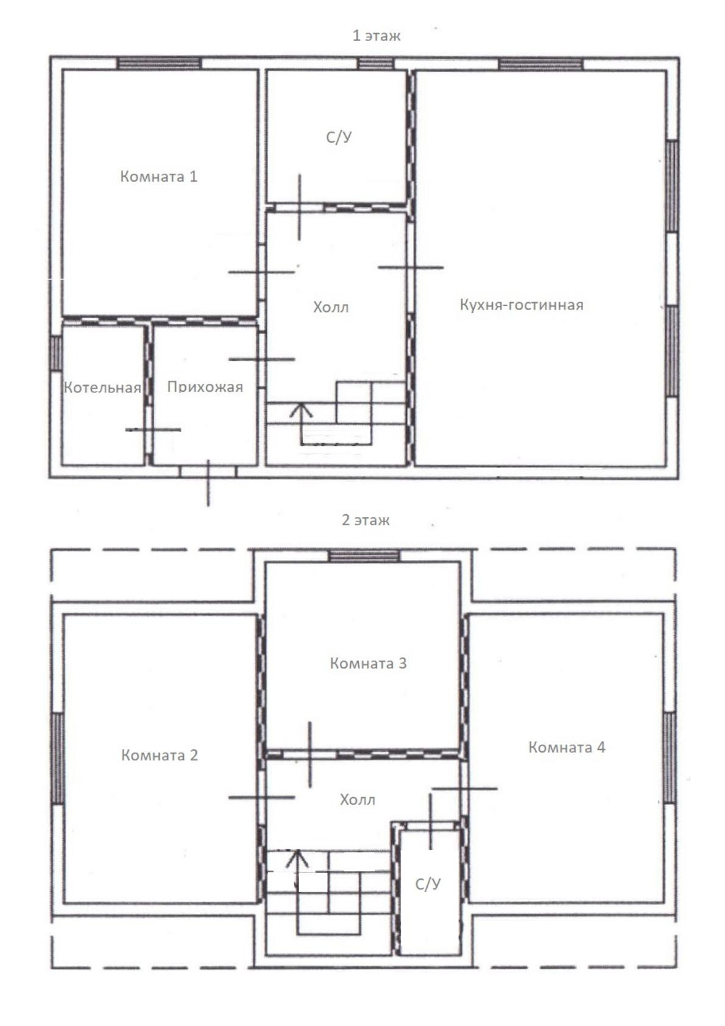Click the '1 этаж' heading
tap(376, 35)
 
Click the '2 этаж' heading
tap(366, 520)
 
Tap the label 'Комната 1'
tap(158, 176)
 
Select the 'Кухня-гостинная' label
tap(522, 305)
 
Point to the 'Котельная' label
tap(102, 387)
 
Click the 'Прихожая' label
tap(205, 387)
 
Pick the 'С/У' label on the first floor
tap(339, 137)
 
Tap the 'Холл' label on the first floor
tap(331, 307)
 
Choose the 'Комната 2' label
tap(160, 755)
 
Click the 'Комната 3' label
tap(368, 663)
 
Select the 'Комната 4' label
tap(567, 747)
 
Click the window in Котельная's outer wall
tap(56, 353)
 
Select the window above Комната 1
tap(159, 63)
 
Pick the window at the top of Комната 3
tap(364, 555)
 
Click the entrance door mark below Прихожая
tap(208, 483)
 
